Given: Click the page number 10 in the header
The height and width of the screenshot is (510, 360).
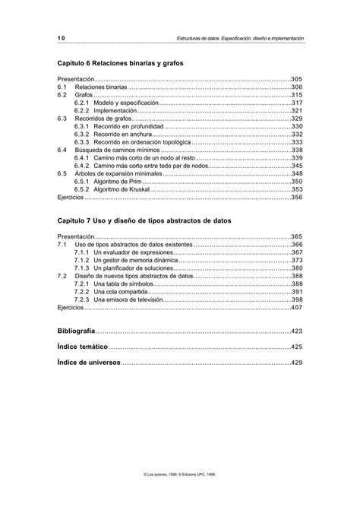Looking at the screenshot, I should tap(61, 37).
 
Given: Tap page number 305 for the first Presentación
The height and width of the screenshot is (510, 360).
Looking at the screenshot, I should tap(297, 79).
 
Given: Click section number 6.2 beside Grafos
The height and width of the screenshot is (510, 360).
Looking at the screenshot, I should tap(62, 95).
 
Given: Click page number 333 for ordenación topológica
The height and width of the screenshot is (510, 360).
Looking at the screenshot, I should tap(297, 142).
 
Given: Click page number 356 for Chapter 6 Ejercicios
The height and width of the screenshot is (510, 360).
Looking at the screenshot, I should tap(297, 198).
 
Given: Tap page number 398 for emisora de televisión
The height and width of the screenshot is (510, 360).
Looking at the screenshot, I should tap(297, 300).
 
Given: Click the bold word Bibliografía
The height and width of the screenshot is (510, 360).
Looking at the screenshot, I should tap(77, 332).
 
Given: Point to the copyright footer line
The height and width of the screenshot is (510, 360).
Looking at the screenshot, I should tap(180, 494).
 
